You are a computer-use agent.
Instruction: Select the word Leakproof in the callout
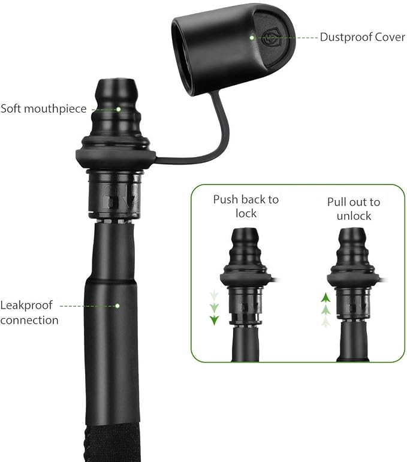pyautogui.click(x=26, y=306)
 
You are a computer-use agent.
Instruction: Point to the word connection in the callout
pyautogui.click(x=29, y=320)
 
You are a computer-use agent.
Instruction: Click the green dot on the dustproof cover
pyautogui.click(x=252, y=38)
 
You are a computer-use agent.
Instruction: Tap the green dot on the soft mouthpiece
pyautogui.click(x=118, y=109)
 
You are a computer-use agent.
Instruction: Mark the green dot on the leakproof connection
pyautogui.click(x=117, y=306)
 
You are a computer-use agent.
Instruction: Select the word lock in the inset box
pyautogui.click(x=246, y=213)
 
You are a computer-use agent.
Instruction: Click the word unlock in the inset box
pyautogui.click(x=354, y=216)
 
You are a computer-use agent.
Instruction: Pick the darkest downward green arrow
pyautogui.click(x=214, y=320)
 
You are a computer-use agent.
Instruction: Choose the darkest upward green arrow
pyautogui.click(x=325, y=298)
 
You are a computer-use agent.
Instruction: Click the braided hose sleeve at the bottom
pyautogui.click(x=110, y=443)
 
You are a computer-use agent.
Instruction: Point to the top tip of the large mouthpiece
pyautogui.click(x=116, y=80)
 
